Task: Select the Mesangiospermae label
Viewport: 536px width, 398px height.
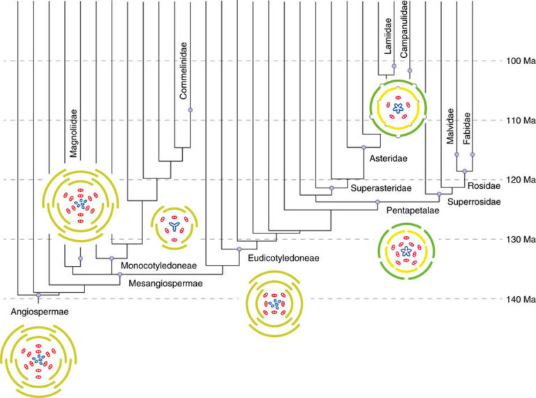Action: click(x=165, y=284)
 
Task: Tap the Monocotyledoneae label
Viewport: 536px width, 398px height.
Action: click(x=158, y=266)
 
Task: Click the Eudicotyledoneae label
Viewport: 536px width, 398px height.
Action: click(x=283, y=258)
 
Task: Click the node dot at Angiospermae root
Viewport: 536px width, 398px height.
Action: click(x=38, y=296)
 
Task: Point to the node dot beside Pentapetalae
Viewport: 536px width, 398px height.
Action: click(x=378, y=202)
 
